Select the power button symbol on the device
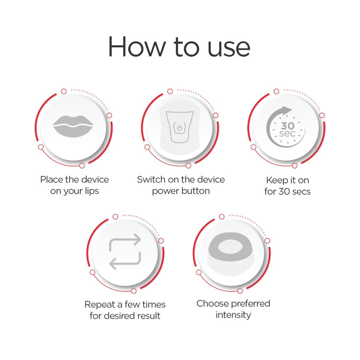tap(180, 129)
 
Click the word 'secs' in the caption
tap(300, 192)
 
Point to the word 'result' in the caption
tap(146, 316)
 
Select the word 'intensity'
tap(233, 315)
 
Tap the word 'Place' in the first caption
tap(52, 180)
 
